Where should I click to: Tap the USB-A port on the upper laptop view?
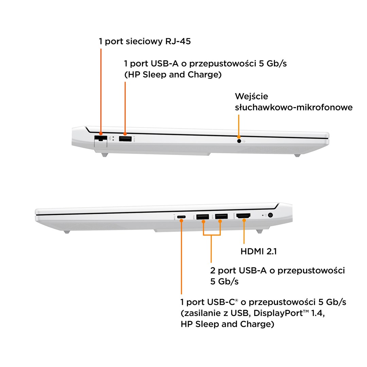tap(125, 139)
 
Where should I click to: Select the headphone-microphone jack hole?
tap(239, 141)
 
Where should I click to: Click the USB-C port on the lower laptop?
tap(181, 217)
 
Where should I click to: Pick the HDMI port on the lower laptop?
tap(243, 215)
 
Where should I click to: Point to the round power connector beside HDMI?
tap(270, 215)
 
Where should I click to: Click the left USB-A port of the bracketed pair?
tap(203, 217)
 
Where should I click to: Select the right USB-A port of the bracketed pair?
tap(222, 216)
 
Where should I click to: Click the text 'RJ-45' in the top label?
tap(178, 41)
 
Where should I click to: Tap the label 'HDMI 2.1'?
tap(259, 251)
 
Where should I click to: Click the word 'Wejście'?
tap(251, 97)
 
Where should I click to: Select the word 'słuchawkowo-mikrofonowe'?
tap(294, 107)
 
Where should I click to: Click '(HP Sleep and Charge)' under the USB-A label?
tap(173, 75)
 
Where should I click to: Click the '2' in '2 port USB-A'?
tap(212, 270)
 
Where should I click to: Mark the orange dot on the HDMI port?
tap(244, 220)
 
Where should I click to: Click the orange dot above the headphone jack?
tap(239, 137)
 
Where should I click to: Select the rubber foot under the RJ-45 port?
tap(104, 155)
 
